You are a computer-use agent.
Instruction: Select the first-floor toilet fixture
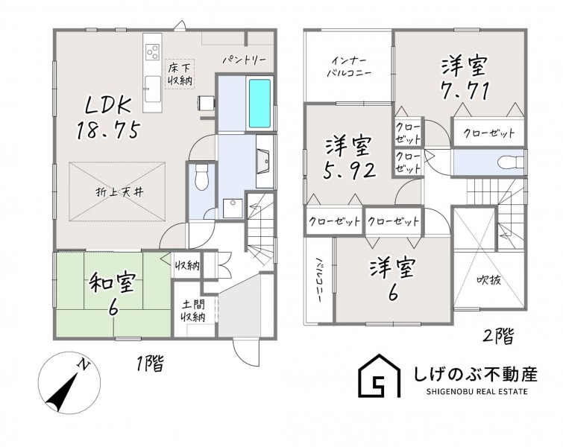(x=201, y=177)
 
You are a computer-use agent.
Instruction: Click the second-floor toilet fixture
(x=510, y=162)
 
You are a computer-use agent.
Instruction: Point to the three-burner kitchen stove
(x=153, y=51)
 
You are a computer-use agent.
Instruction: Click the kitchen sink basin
(x=153, y=89)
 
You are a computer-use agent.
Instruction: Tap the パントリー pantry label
(x=244, y=60)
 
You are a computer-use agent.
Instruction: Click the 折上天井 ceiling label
(x=119, y=192)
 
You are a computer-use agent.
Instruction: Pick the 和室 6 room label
(x=113, y=294)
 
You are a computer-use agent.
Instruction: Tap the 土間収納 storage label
(x=194, y=311)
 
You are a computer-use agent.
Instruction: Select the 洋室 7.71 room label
(x=465, y=77)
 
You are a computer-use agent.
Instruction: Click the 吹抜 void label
(x=489, y=280)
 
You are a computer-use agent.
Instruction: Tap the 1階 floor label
(x=150, y=364)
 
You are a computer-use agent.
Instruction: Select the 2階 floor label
(x=498, y=336)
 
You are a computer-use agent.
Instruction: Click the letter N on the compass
(x=84, y=364)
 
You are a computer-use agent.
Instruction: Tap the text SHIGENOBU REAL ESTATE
(x=477, y=391)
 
